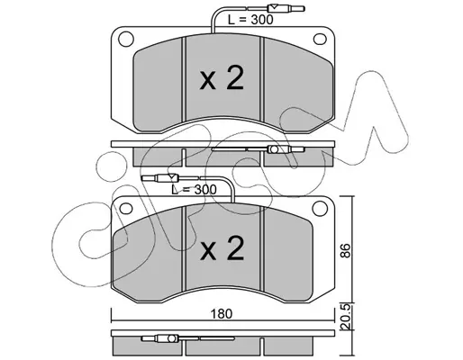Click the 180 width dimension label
click(x=222, y=314)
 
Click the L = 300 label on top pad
click(x=250, y=20)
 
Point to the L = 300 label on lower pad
click(x=194, y=189)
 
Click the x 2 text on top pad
click(x=222, y=78)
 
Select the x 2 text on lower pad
click(x=222, y=247)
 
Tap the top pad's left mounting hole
click(x=126, y=39)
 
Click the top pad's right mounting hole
click(x=320, y=39)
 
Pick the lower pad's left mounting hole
click(x=126, y=208)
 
